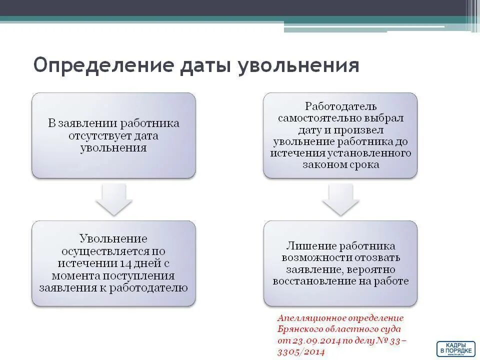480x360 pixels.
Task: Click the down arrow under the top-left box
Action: (113, 199)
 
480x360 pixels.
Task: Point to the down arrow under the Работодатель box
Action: (340, 199)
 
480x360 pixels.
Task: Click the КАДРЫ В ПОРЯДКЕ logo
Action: (455, 348)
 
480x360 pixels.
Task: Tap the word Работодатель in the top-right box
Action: (341, 106)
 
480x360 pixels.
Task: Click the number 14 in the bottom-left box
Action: (126, 263)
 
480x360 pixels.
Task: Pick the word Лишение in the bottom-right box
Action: (310, 246)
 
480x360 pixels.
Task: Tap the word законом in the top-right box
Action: (322, 164)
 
